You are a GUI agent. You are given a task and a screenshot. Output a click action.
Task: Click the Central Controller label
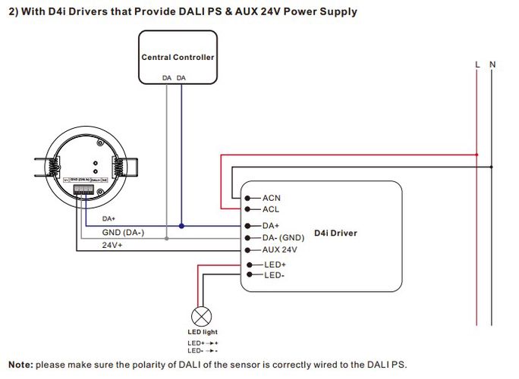(x=178, y=57)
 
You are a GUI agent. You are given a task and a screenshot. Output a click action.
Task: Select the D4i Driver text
(x=335, y=233)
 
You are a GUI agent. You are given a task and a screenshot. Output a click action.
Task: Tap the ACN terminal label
(x=271, y=198)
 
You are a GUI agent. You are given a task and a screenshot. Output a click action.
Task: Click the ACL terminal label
(x=271, y=208)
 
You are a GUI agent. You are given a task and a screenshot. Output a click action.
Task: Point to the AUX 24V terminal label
(x=279, y=249)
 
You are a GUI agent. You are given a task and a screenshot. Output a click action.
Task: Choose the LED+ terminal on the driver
(x=274, y=264)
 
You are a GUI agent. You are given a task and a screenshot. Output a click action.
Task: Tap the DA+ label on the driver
(x=271, y=226)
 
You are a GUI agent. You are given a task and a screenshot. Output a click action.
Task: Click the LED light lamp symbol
(x=202, y=316)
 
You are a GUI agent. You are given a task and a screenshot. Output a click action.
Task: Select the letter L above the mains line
(x=477, y=64)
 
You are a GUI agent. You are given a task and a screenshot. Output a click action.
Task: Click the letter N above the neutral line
(x=492, y=64)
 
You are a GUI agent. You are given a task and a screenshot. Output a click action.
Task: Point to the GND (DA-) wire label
(x=123, y=233)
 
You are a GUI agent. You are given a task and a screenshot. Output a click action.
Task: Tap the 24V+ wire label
(x=112, y=245)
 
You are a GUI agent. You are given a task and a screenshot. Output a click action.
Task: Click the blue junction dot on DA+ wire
(x=181, y=226)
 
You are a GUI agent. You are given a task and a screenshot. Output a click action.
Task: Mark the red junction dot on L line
(x=477, y=155)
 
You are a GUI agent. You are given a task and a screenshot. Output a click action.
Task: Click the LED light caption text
(x=202, y=332)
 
